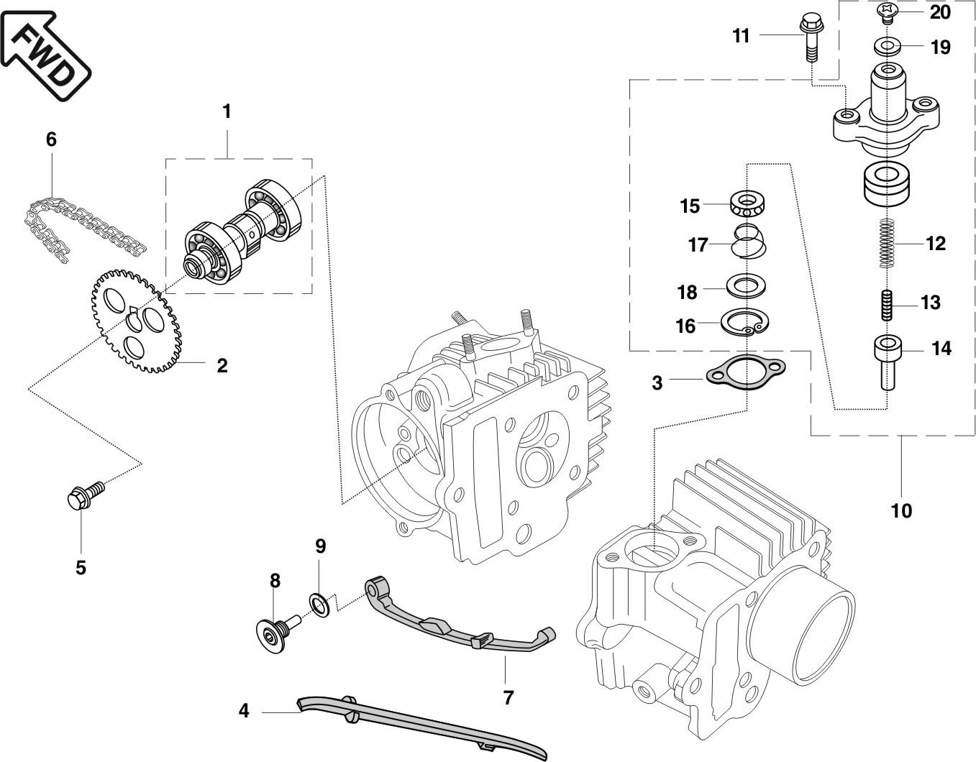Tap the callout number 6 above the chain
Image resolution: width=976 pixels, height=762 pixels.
[51, 139]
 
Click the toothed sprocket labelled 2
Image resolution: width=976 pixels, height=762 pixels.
[137, 322]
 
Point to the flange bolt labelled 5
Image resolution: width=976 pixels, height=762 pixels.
[86, 496]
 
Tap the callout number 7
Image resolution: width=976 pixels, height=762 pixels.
[508, 698]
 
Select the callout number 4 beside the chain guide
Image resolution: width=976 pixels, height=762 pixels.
[243, 711]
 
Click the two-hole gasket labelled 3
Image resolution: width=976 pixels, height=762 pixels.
[746, 372]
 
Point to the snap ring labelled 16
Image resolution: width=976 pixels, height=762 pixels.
[744, 323]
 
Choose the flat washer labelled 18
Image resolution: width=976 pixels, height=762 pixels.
[746, 285]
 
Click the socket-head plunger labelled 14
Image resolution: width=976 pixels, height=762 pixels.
[888, 362]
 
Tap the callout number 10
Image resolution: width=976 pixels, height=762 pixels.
[901, 510]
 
